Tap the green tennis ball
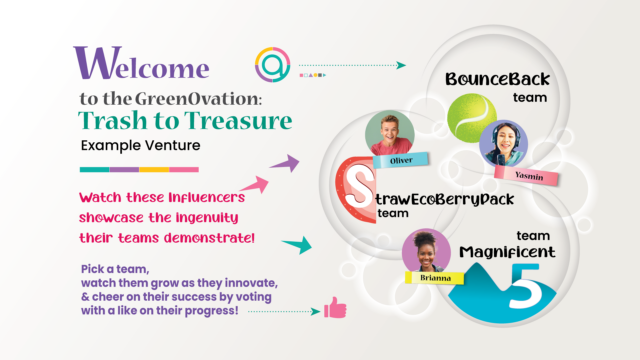coord(471,115)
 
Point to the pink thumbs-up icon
coord(334,308)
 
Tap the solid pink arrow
coord(255,184)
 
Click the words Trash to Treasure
coord(186,122)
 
